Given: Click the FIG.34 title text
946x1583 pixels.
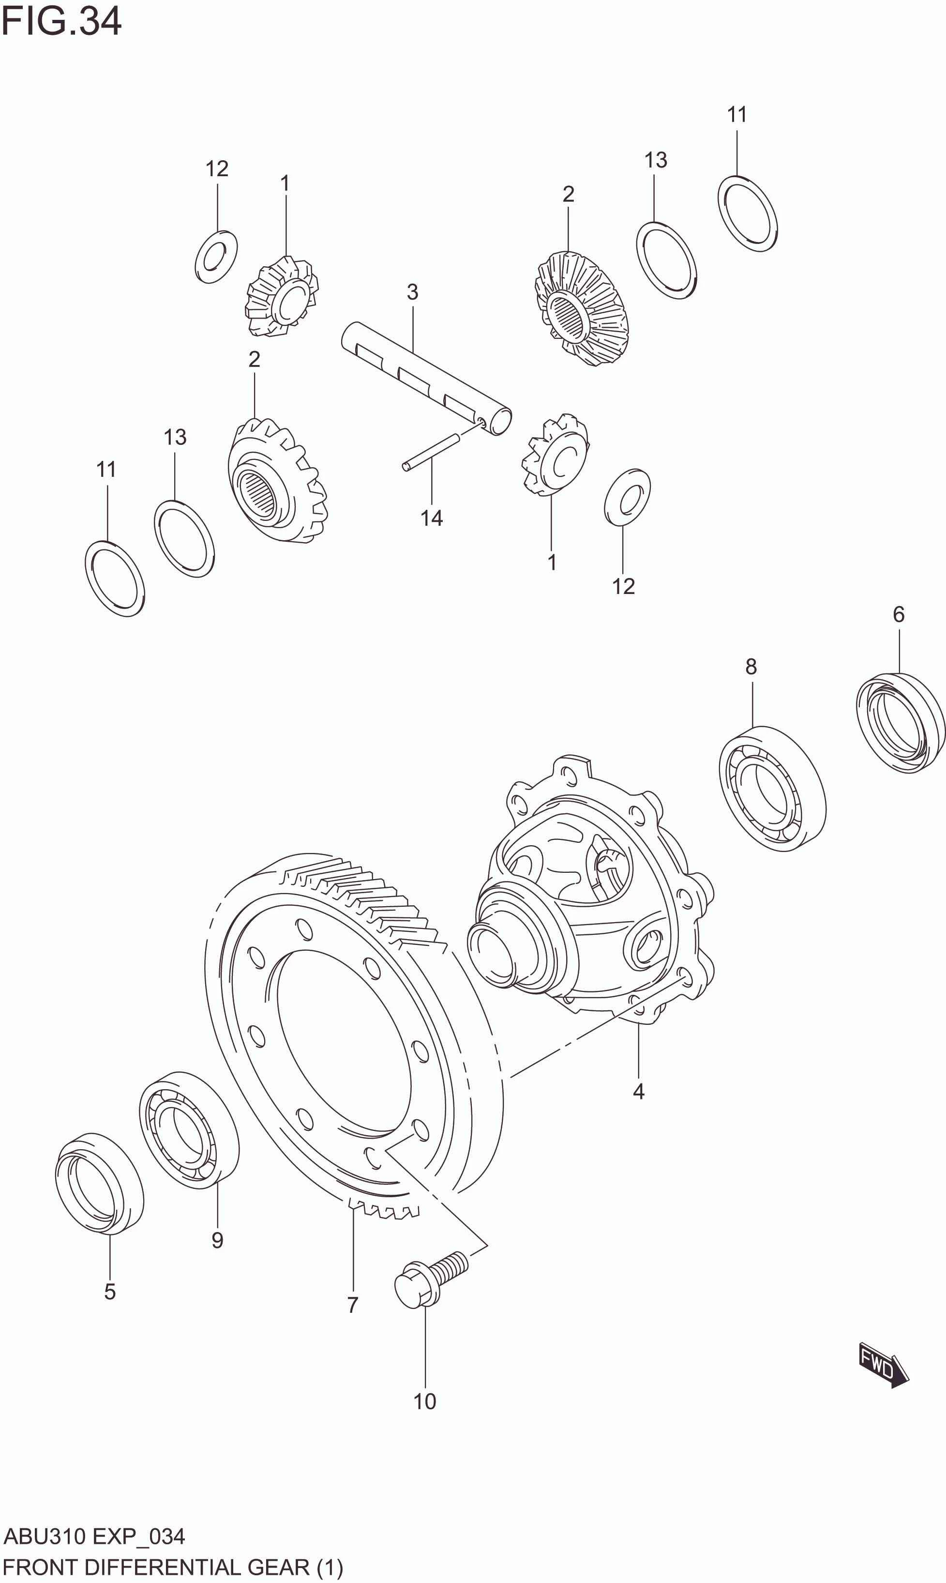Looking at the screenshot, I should [61, 22].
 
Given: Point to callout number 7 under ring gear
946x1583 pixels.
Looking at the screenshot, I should [353, 1305].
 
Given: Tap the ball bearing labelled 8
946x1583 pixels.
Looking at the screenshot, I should [772, 788].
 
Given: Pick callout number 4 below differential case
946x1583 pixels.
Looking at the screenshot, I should [638, 1092].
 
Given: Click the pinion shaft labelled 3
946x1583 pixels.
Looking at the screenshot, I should [426, 379].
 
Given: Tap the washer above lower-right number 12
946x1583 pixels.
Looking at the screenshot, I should [627, 497].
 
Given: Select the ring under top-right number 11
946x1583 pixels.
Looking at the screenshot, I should [747, 213].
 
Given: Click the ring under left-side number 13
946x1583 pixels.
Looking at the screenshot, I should [184, 539].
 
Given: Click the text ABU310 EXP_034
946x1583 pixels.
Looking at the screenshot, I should [94, 1537].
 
